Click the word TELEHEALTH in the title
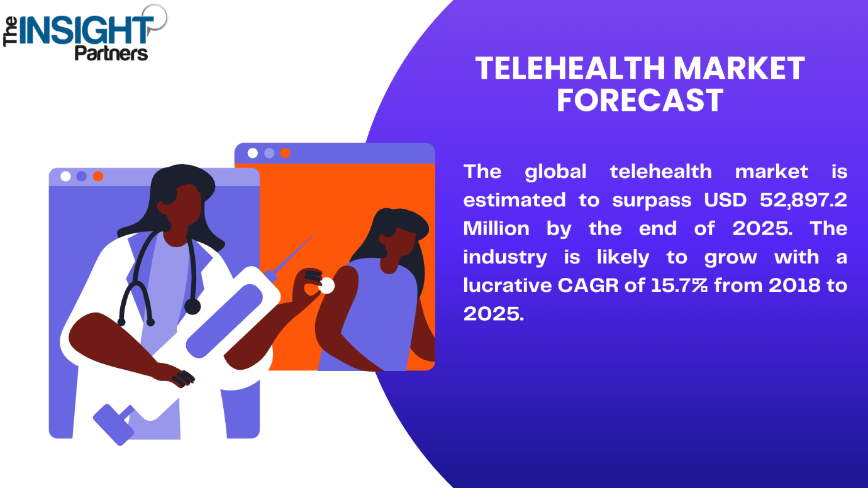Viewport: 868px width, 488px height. (x=570, y=69)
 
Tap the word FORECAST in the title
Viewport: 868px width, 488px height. (x=640, y=101)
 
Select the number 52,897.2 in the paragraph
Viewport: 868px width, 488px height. (x=803, y=201)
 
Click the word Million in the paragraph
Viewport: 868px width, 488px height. (x=496, y=228)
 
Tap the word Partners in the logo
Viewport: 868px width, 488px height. (x=111, y=53)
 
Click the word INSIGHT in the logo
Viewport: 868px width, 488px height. (x=85, y=30)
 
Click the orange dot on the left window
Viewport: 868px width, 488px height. (x=98, y=177)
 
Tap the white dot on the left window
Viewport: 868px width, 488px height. (x=66, y=177)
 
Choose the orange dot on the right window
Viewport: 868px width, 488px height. (x=285, y=153)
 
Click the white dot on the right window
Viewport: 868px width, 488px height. (x=253, y=153)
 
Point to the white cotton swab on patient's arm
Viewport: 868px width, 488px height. (x=326, y=286)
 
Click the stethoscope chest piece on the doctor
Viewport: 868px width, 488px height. (x=192, y=307)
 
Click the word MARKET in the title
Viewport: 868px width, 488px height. (x=739, y=69)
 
